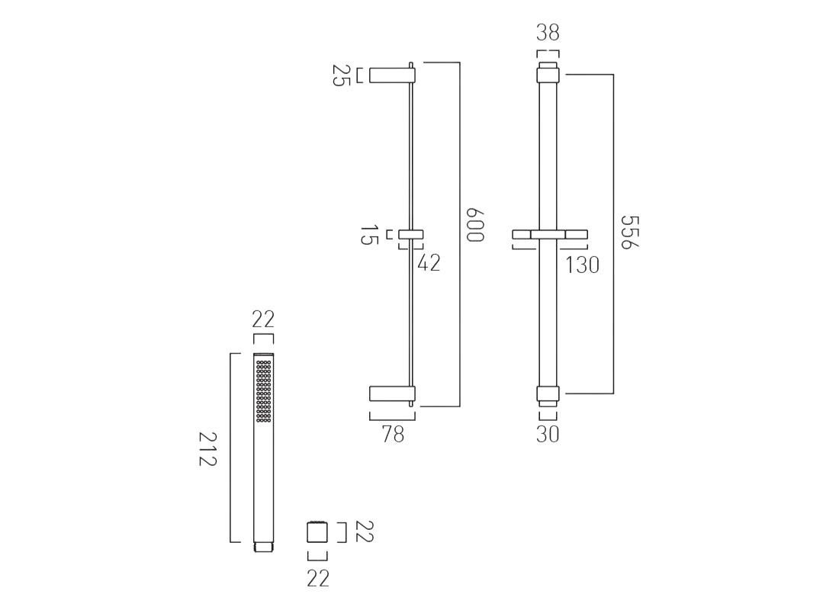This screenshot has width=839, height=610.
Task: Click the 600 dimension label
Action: pos(475,224)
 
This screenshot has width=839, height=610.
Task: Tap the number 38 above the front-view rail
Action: pos(548,33)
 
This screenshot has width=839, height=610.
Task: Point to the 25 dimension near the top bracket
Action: pos(340,75)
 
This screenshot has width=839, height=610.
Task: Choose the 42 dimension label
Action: pos(429,263)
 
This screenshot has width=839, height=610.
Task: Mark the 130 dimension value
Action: pos(582,265)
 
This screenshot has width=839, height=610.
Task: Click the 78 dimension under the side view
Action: pos(392,435)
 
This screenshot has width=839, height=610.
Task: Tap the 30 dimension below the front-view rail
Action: pos(548,435)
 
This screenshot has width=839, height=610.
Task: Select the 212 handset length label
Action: pos(208,451)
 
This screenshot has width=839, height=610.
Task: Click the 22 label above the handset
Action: pos(263,319)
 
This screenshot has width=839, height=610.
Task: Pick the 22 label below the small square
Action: pos(317,579)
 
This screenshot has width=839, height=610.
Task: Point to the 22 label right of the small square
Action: pos(365,531)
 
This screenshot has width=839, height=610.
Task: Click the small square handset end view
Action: pos(317,531)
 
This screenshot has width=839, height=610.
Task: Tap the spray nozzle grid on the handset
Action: pos(263,391)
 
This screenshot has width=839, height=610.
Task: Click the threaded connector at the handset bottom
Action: pos(263,547)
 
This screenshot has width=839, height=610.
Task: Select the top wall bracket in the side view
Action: pos(391,74)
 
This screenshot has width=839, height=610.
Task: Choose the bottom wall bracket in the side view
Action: pos(391,393)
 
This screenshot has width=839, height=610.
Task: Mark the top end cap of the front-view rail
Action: pos(548,74)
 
